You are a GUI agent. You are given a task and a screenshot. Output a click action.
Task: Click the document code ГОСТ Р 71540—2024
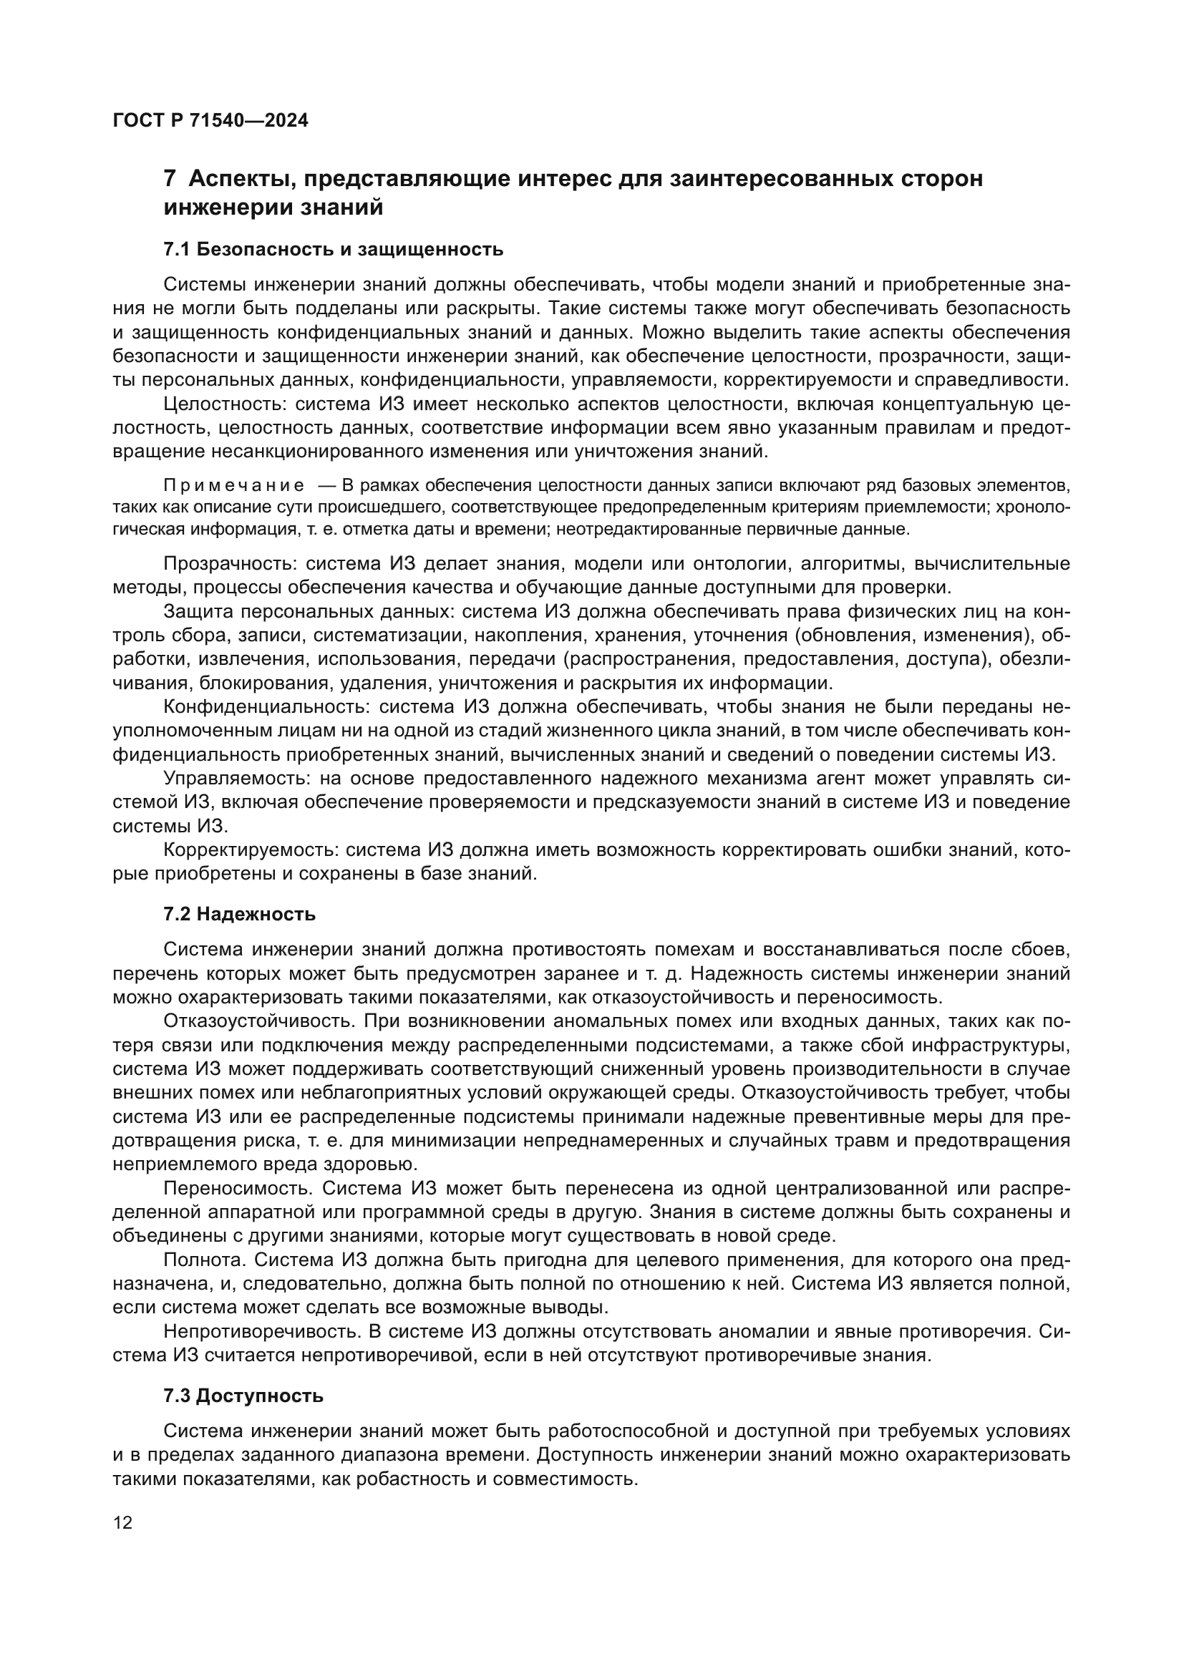pos(210,121)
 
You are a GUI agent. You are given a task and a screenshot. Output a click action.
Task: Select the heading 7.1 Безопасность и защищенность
pos(333,249)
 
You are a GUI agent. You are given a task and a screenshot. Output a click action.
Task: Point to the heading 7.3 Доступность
pos(243,1396)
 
